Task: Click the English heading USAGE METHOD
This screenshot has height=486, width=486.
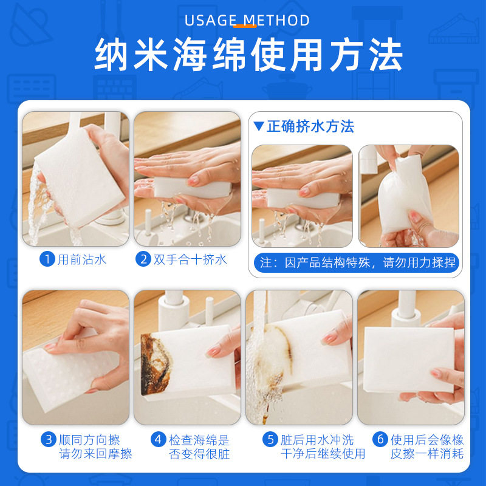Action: [x=247, y=20]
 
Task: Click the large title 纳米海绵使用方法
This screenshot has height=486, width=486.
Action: [x=248, y=56]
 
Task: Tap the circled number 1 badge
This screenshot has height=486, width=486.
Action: [x=48, y=259]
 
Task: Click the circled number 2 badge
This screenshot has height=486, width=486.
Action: [x=143, y=259]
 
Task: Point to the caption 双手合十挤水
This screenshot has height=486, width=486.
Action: [x=190, y=259]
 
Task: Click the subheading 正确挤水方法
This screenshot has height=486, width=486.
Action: [x=310, y=126]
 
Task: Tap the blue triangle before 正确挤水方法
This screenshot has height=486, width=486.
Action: [x=259, y=126]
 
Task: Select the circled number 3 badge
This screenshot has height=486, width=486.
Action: [x=49, y=439]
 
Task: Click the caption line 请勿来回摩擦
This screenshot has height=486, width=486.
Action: [x=95, y=454]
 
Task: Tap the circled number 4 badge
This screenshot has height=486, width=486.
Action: [x=159, y=439]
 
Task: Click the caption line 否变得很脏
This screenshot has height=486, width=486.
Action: [x=199, y=454]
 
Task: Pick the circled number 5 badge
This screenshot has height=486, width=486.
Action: [x=270, y=439]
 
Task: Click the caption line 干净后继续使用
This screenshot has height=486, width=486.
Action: [x=323, y=454]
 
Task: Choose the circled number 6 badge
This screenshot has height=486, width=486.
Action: [x=380, y=439]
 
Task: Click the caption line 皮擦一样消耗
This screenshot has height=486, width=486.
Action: [x=427, y=454]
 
